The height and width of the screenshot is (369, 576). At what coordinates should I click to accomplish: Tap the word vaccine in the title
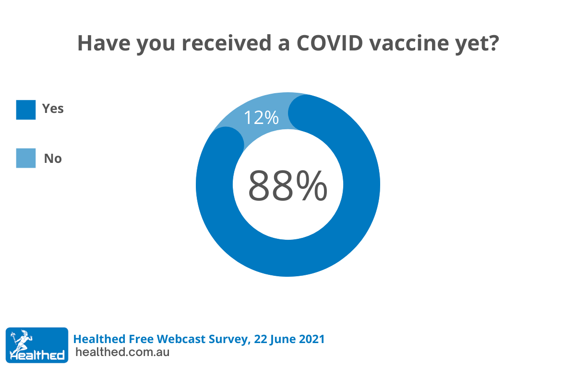click(409, 43)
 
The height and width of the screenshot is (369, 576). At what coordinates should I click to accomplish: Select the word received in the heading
click(227, 43)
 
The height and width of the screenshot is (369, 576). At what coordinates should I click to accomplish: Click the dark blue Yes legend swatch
click(26, 110)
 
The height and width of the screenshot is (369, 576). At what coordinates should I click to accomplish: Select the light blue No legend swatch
click(26, 158)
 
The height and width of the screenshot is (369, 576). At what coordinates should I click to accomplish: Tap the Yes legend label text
click(53, 109)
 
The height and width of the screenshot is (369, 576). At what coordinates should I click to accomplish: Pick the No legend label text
click(53, 159)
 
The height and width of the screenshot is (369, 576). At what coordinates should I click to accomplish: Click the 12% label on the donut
click(261, 118)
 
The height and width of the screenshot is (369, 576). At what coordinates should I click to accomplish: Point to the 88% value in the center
click(288, 185)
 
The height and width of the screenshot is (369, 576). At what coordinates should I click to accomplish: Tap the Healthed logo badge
click(37, 345)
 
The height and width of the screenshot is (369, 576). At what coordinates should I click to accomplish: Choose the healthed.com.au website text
click(122, 352)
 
